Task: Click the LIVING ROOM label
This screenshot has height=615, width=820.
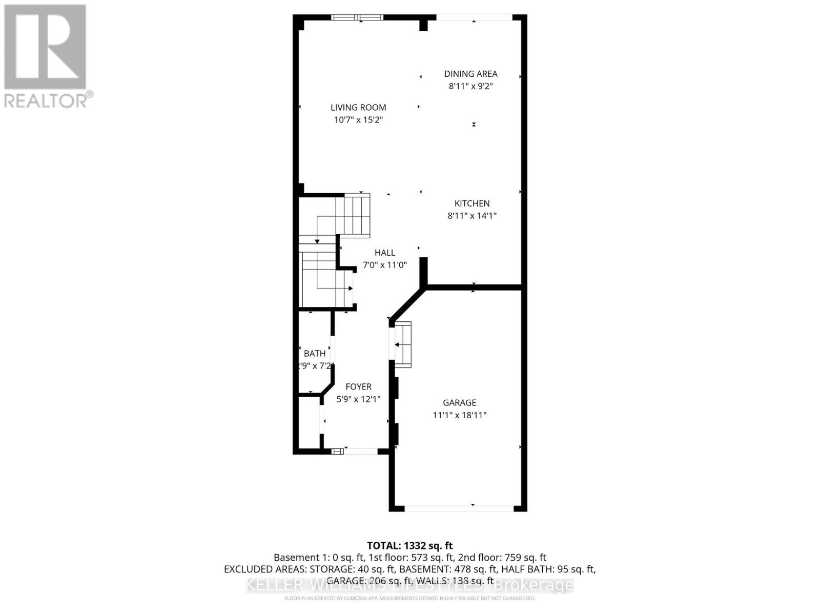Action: coord(358,107)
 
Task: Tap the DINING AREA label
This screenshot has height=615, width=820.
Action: coord(470,74)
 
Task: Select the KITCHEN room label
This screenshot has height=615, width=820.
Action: coord(472,203)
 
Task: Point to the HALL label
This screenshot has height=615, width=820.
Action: coord(384,253)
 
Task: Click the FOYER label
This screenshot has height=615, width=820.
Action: coord(358,387)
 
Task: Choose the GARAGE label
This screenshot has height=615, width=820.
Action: coord(460,403)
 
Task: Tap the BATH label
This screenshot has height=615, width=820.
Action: coord(315,354)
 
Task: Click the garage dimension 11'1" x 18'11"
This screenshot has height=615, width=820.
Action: coord(460,416)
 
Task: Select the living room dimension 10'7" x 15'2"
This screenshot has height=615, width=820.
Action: coord(358,120)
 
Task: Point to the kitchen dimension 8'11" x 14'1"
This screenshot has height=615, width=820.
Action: coord(472,216)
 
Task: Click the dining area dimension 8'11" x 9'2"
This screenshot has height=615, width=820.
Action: coord(470,86)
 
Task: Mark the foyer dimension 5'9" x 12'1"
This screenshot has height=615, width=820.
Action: coord(358,399)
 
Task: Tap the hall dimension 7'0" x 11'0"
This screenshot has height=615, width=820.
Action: coord(384,265)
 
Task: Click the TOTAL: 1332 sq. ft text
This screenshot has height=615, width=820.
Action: coord(409,546)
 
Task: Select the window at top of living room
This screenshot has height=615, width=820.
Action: coord(357,17)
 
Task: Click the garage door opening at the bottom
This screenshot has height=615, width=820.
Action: coord(459,508)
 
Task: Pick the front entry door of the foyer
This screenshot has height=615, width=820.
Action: coord(361,452)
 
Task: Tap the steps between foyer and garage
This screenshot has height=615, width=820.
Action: coord(402,344)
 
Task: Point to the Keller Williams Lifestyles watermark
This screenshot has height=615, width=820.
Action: coord(409,585)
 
